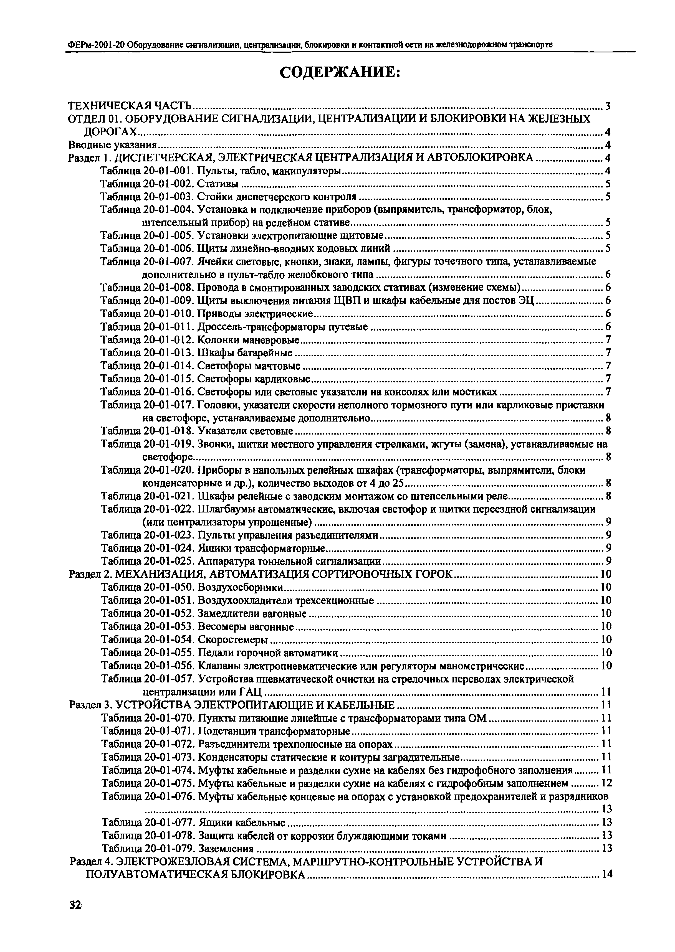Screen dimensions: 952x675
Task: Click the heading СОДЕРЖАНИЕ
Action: pos(340,73)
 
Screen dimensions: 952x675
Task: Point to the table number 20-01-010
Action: pos(169,314)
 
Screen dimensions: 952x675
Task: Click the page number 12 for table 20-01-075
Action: pos(606,783)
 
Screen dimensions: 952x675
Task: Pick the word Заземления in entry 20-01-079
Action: pos(226,848)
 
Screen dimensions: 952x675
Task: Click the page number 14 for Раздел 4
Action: pos(607,874)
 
